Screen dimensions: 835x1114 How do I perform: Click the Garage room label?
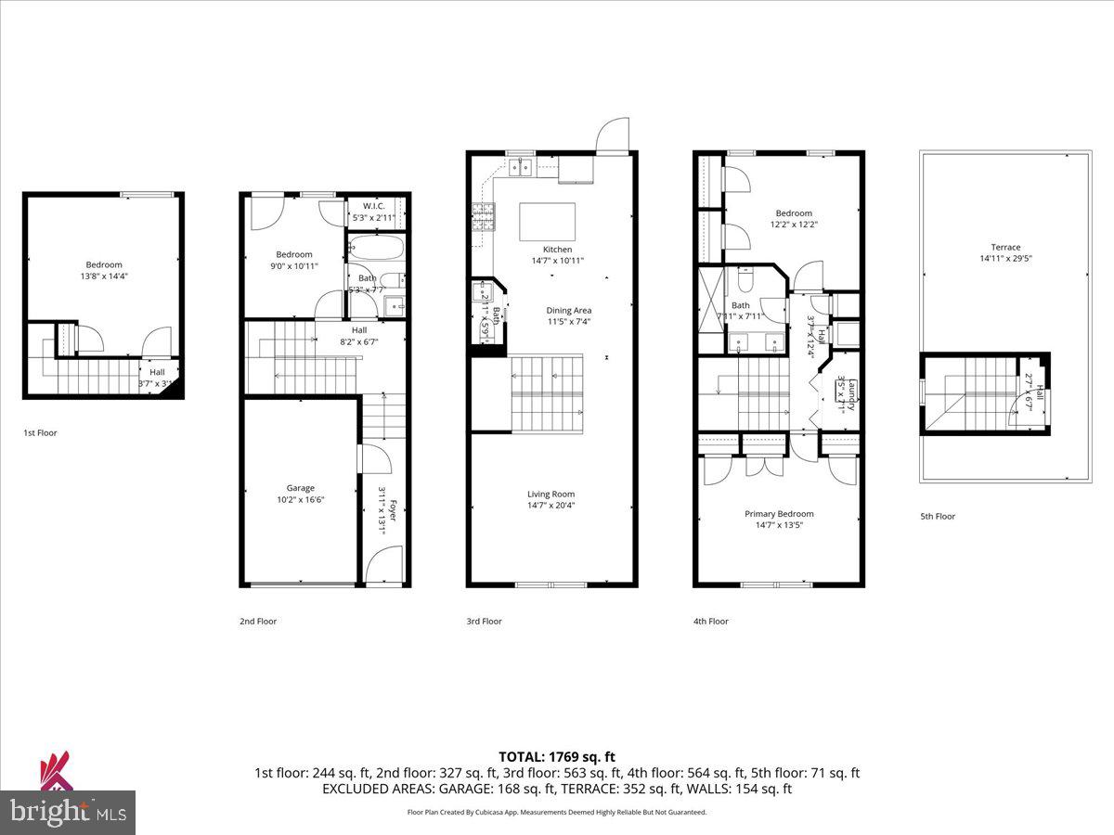300,488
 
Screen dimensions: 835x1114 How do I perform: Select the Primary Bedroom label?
779,514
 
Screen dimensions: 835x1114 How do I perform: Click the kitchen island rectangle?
547,223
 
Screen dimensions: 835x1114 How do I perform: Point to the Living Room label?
551,495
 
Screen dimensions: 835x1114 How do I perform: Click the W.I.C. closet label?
374,206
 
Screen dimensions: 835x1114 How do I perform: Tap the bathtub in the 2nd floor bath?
376,249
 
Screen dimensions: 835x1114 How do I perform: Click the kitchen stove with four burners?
484,218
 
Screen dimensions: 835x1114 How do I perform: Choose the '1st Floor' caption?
40,432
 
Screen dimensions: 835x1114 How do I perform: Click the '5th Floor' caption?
938,517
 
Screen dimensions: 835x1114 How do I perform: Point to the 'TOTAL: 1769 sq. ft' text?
557,757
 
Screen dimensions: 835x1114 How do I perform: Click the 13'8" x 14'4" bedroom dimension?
104,276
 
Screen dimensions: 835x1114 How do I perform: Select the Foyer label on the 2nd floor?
393,510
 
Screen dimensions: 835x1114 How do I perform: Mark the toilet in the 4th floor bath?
745,279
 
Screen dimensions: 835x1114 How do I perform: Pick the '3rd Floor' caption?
484,622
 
